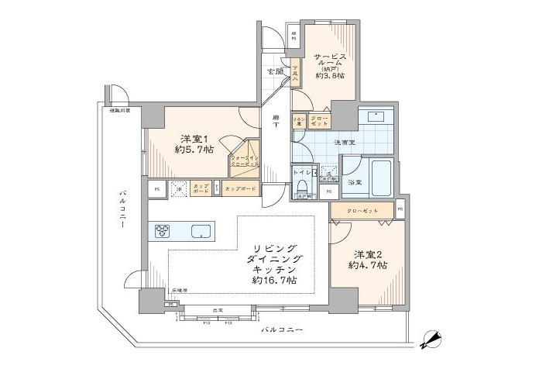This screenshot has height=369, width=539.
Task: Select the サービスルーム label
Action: (334, 61)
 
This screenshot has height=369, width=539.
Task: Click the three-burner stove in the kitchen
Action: (163, 230)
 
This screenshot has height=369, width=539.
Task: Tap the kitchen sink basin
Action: (200, 230)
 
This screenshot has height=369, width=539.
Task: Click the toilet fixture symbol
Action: (303, 187)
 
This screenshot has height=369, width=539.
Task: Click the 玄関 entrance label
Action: (275, 72)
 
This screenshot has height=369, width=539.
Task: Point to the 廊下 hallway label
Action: (276, 123)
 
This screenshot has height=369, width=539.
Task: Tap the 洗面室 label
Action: (345, 142)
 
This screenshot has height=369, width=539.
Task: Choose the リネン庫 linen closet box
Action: (297, 121)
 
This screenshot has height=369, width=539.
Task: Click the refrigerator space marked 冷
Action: (178, 188)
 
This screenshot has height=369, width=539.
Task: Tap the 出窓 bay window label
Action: (219, 311)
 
